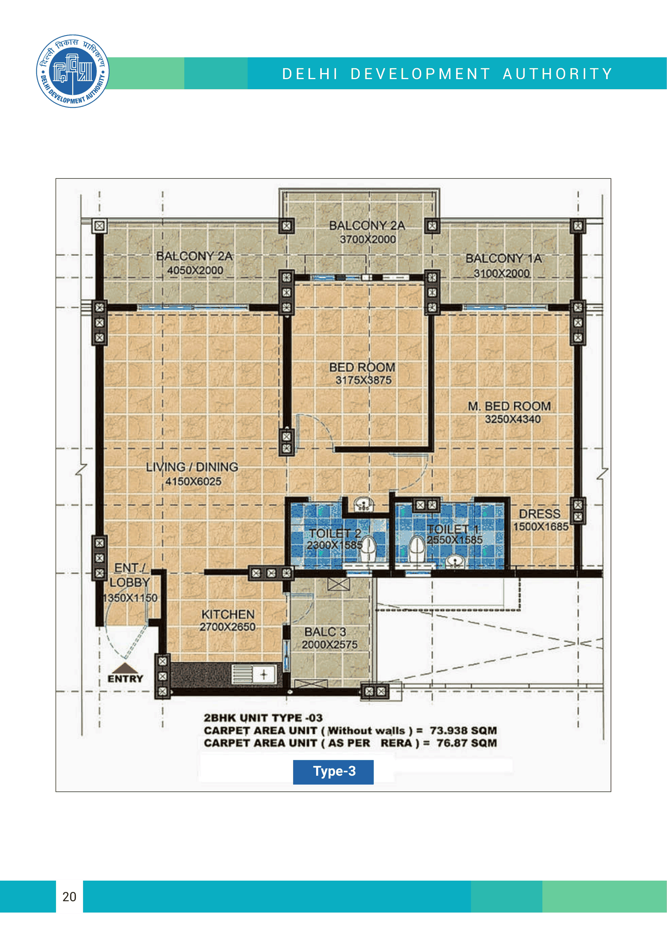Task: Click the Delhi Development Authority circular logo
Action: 73,71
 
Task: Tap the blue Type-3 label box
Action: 333,772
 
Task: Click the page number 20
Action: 69,897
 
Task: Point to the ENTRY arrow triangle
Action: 125,668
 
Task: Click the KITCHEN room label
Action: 228,614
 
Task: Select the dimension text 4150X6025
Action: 193,481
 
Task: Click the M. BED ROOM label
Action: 509,406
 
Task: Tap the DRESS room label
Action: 539,514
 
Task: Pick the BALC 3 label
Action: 325,632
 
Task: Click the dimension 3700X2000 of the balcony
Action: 368,239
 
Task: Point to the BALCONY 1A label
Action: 504,259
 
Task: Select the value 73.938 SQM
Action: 463,731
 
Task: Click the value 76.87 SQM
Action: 467,743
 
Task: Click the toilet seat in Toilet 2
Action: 368,549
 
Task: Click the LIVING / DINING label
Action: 192,467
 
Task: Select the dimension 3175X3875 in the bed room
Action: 363,380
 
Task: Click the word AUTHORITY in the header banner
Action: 557,74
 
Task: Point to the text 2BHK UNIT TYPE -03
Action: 263,718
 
